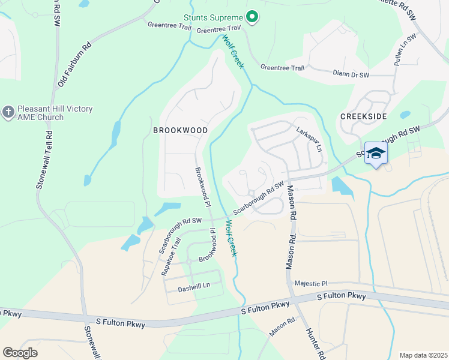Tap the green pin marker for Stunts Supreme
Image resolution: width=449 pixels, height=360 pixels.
click(x=253, y=17)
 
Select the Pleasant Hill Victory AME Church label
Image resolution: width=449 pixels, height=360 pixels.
click(x=55, y=113)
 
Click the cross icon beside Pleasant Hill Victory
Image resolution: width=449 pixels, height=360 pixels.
click(x=8, y=112)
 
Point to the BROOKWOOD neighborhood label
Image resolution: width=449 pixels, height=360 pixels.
click(x=180, y=130)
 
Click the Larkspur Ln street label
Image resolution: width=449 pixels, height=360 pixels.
click(x=310, y=137)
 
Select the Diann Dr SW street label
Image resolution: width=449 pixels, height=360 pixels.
click(x=351, y=74)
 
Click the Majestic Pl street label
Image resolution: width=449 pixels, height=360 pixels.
click(x=311, y=283)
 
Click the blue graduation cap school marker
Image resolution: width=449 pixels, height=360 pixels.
click(x=376, y=154)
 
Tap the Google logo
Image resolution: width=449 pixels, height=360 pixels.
click(x=20, y=353)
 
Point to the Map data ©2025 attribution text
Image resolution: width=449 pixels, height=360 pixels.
click(x=423, y=355)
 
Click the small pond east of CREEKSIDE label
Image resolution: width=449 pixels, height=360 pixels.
click(x=405, y=115)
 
